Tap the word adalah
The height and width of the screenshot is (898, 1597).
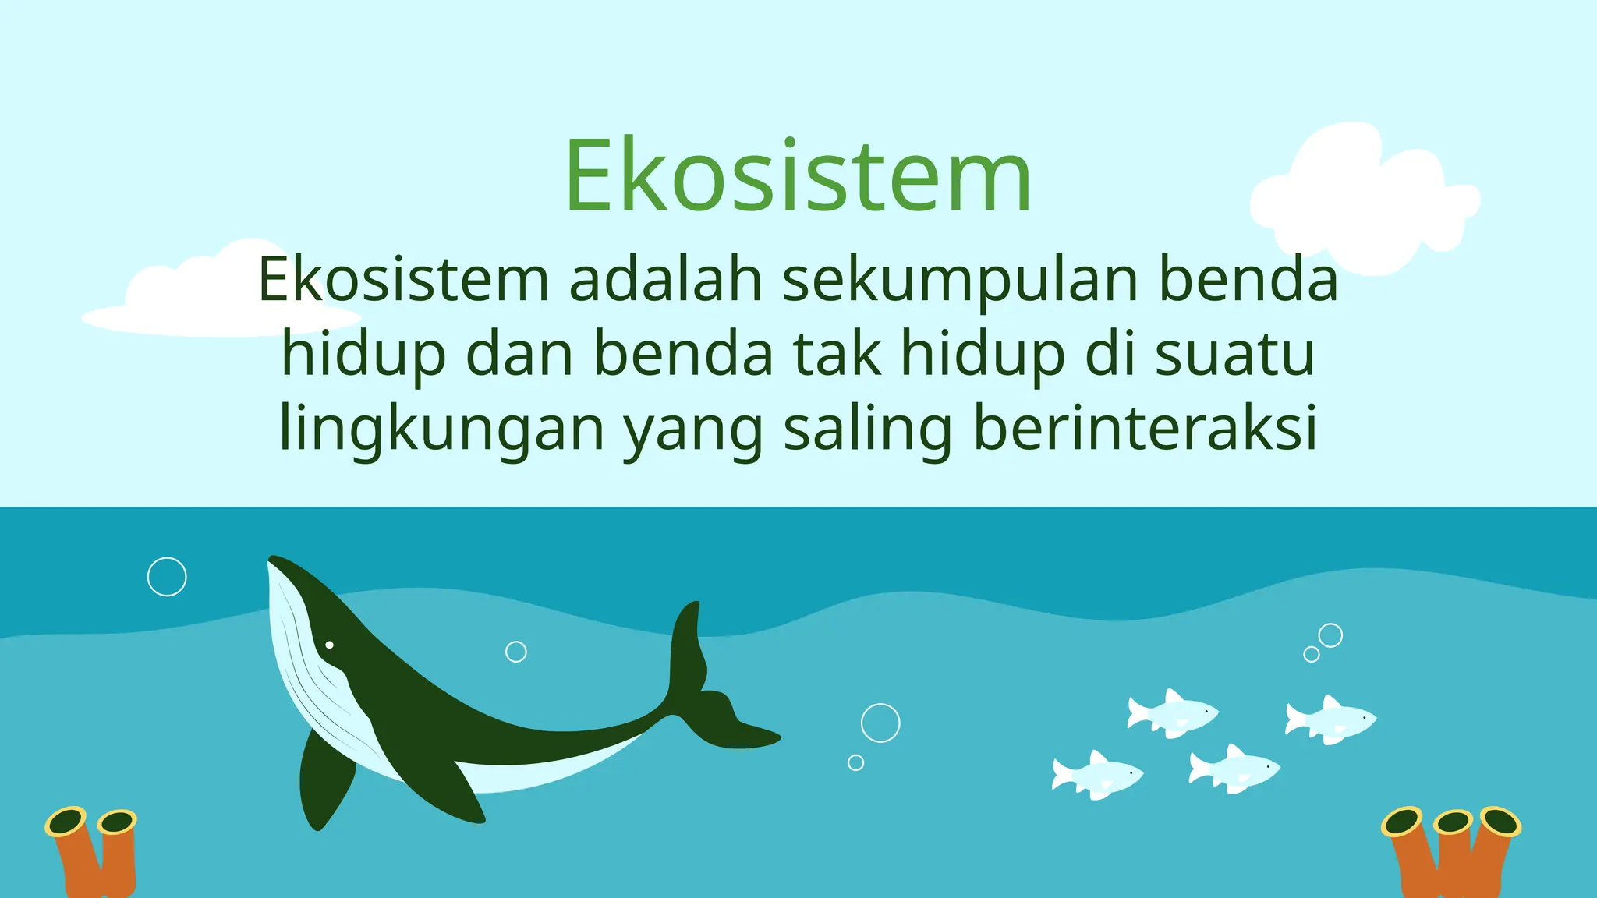click(x=665, y=279)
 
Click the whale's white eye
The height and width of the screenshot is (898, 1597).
click(x=329, y=645)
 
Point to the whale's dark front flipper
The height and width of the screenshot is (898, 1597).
click(x=324, y=780)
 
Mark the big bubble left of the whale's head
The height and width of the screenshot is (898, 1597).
click(x=167, y=577)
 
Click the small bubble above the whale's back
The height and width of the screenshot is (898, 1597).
click(x=516, y=652)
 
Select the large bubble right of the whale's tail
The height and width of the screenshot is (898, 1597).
click(x=880, y=723)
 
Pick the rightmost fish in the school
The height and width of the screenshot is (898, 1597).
click(x=1332, y=719)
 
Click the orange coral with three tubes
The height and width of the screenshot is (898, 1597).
click(x=1450, y=854)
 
